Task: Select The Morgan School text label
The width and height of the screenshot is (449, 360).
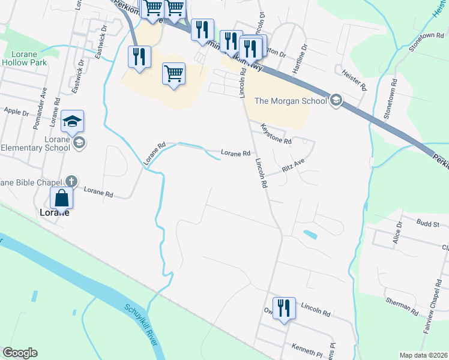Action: pos(291,101)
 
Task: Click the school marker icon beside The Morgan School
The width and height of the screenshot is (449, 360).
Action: pos(336,100)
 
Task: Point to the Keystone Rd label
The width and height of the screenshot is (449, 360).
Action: pos(276,134)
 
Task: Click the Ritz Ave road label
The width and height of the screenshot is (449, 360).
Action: pos(294,165)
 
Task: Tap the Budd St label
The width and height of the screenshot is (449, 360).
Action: pos(428,223)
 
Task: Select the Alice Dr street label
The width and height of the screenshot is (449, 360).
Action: pos(397,232)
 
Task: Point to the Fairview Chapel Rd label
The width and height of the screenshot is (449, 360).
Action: pos(430,317)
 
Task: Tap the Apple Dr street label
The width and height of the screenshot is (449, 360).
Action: pos(16,112)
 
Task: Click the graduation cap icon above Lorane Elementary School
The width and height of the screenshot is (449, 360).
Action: pos(72,122)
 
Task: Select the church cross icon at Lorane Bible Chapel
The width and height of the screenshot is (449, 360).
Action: pos(71,181)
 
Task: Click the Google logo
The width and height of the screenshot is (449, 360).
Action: pos(20,353)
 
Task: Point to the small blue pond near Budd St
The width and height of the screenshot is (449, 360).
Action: pos(310,234)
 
